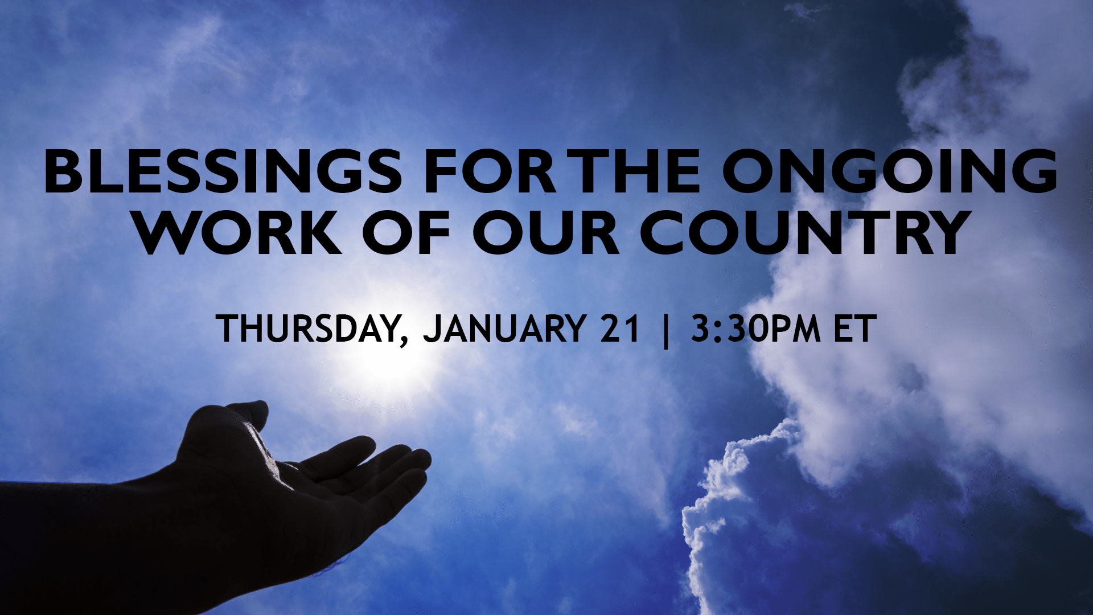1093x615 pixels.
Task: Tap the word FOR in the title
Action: [490, 171]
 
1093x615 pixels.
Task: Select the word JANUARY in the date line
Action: [504, 329]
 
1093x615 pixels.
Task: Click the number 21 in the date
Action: [620, 329]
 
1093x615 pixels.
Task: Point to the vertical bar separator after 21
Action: [665, 330]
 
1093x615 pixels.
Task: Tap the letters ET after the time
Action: [852, 329]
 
